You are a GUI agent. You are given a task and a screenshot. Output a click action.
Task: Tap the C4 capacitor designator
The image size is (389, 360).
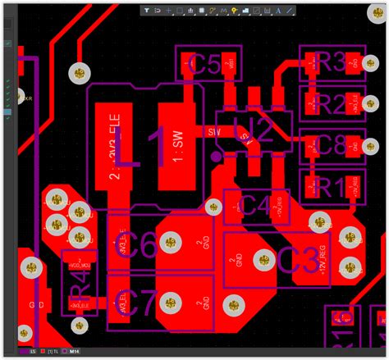(x=256, y=207)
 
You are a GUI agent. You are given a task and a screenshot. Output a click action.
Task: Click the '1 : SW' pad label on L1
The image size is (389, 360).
(x=177, y=144)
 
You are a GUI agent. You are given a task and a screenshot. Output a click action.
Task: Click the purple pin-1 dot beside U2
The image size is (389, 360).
(x=216, y=153)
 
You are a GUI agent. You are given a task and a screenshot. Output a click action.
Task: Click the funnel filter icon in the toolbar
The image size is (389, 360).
(x=146, y=11)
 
